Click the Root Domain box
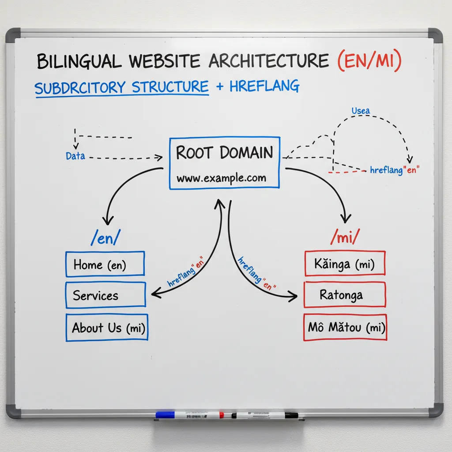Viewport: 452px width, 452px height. pos(224,163)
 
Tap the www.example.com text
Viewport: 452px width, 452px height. pos(221,178)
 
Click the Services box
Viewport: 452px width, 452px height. pos(105,294)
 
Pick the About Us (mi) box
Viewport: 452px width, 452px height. pos(106,328)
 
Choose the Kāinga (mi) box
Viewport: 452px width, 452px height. pos(345,264)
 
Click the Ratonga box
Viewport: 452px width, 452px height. pos(345,294)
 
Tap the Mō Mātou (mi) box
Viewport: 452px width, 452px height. pos(345,328)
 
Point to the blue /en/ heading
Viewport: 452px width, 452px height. pos(105,238)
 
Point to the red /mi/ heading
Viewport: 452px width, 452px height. pos(345,238)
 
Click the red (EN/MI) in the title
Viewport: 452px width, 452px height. pos(369,61)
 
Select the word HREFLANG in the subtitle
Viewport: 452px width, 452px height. pos(264,87)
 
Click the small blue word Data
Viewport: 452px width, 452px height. pos(75,156)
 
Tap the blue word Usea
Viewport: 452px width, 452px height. pos(361,110)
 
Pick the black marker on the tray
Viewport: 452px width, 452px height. pos(265,415)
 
